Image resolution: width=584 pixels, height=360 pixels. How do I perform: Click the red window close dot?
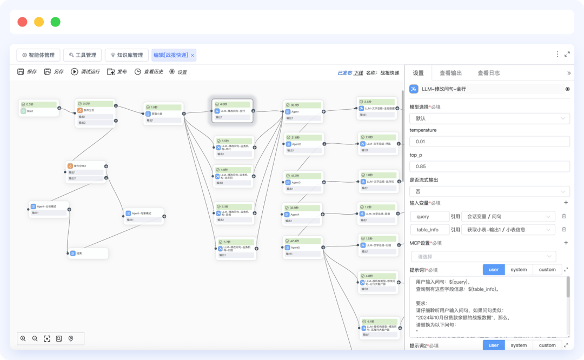(22, 22)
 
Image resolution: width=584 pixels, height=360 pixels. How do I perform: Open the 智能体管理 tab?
(38, 55)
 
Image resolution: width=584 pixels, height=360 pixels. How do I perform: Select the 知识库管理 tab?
(127, 55)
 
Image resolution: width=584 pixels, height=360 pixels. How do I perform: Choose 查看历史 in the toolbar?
(149, 72)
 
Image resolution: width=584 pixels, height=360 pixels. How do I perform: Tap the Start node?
(39, 108)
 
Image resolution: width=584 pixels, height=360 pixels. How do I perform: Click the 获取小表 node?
(164, 113)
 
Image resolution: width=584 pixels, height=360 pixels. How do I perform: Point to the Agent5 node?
(303, 247)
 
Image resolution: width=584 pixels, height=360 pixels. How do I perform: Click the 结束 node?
(88, 253)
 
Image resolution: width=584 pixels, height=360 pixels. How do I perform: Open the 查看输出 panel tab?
(450, 73)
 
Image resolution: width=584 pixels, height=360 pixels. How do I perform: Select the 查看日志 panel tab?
(488, 73)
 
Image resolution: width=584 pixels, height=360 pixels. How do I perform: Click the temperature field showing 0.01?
(489, 142)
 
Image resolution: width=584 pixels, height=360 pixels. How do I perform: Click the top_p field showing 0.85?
(489, 166)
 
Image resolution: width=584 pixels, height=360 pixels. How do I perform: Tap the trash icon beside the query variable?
(564, 216)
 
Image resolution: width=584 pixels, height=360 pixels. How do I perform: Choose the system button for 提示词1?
(519, 270)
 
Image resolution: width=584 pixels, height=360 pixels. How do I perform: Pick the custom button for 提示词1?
(547, 270)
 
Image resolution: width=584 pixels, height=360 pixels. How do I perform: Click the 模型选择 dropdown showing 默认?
(489, 118)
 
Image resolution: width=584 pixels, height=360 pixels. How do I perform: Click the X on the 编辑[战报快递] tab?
(193, 55)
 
